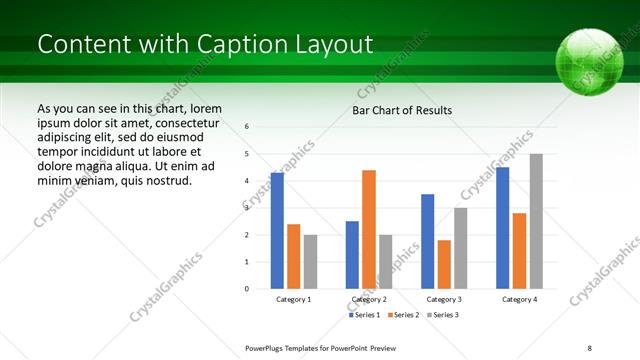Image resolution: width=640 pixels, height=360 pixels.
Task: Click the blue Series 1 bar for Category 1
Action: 277,231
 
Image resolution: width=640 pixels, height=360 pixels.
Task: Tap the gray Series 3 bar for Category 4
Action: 536,221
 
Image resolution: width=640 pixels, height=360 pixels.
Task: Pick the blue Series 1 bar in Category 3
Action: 427,241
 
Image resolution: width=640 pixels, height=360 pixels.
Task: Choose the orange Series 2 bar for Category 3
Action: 444,264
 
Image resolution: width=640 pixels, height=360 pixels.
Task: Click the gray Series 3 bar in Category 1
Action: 310,261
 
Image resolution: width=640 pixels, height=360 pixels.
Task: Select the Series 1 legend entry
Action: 364,315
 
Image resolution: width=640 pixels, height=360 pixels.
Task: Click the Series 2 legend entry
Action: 403,315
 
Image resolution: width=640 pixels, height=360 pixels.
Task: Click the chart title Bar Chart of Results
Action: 402,110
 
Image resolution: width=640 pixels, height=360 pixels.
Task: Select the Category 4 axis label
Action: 519,299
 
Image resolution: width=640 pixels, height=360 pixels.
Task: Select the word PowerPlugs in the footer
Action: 267,348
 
